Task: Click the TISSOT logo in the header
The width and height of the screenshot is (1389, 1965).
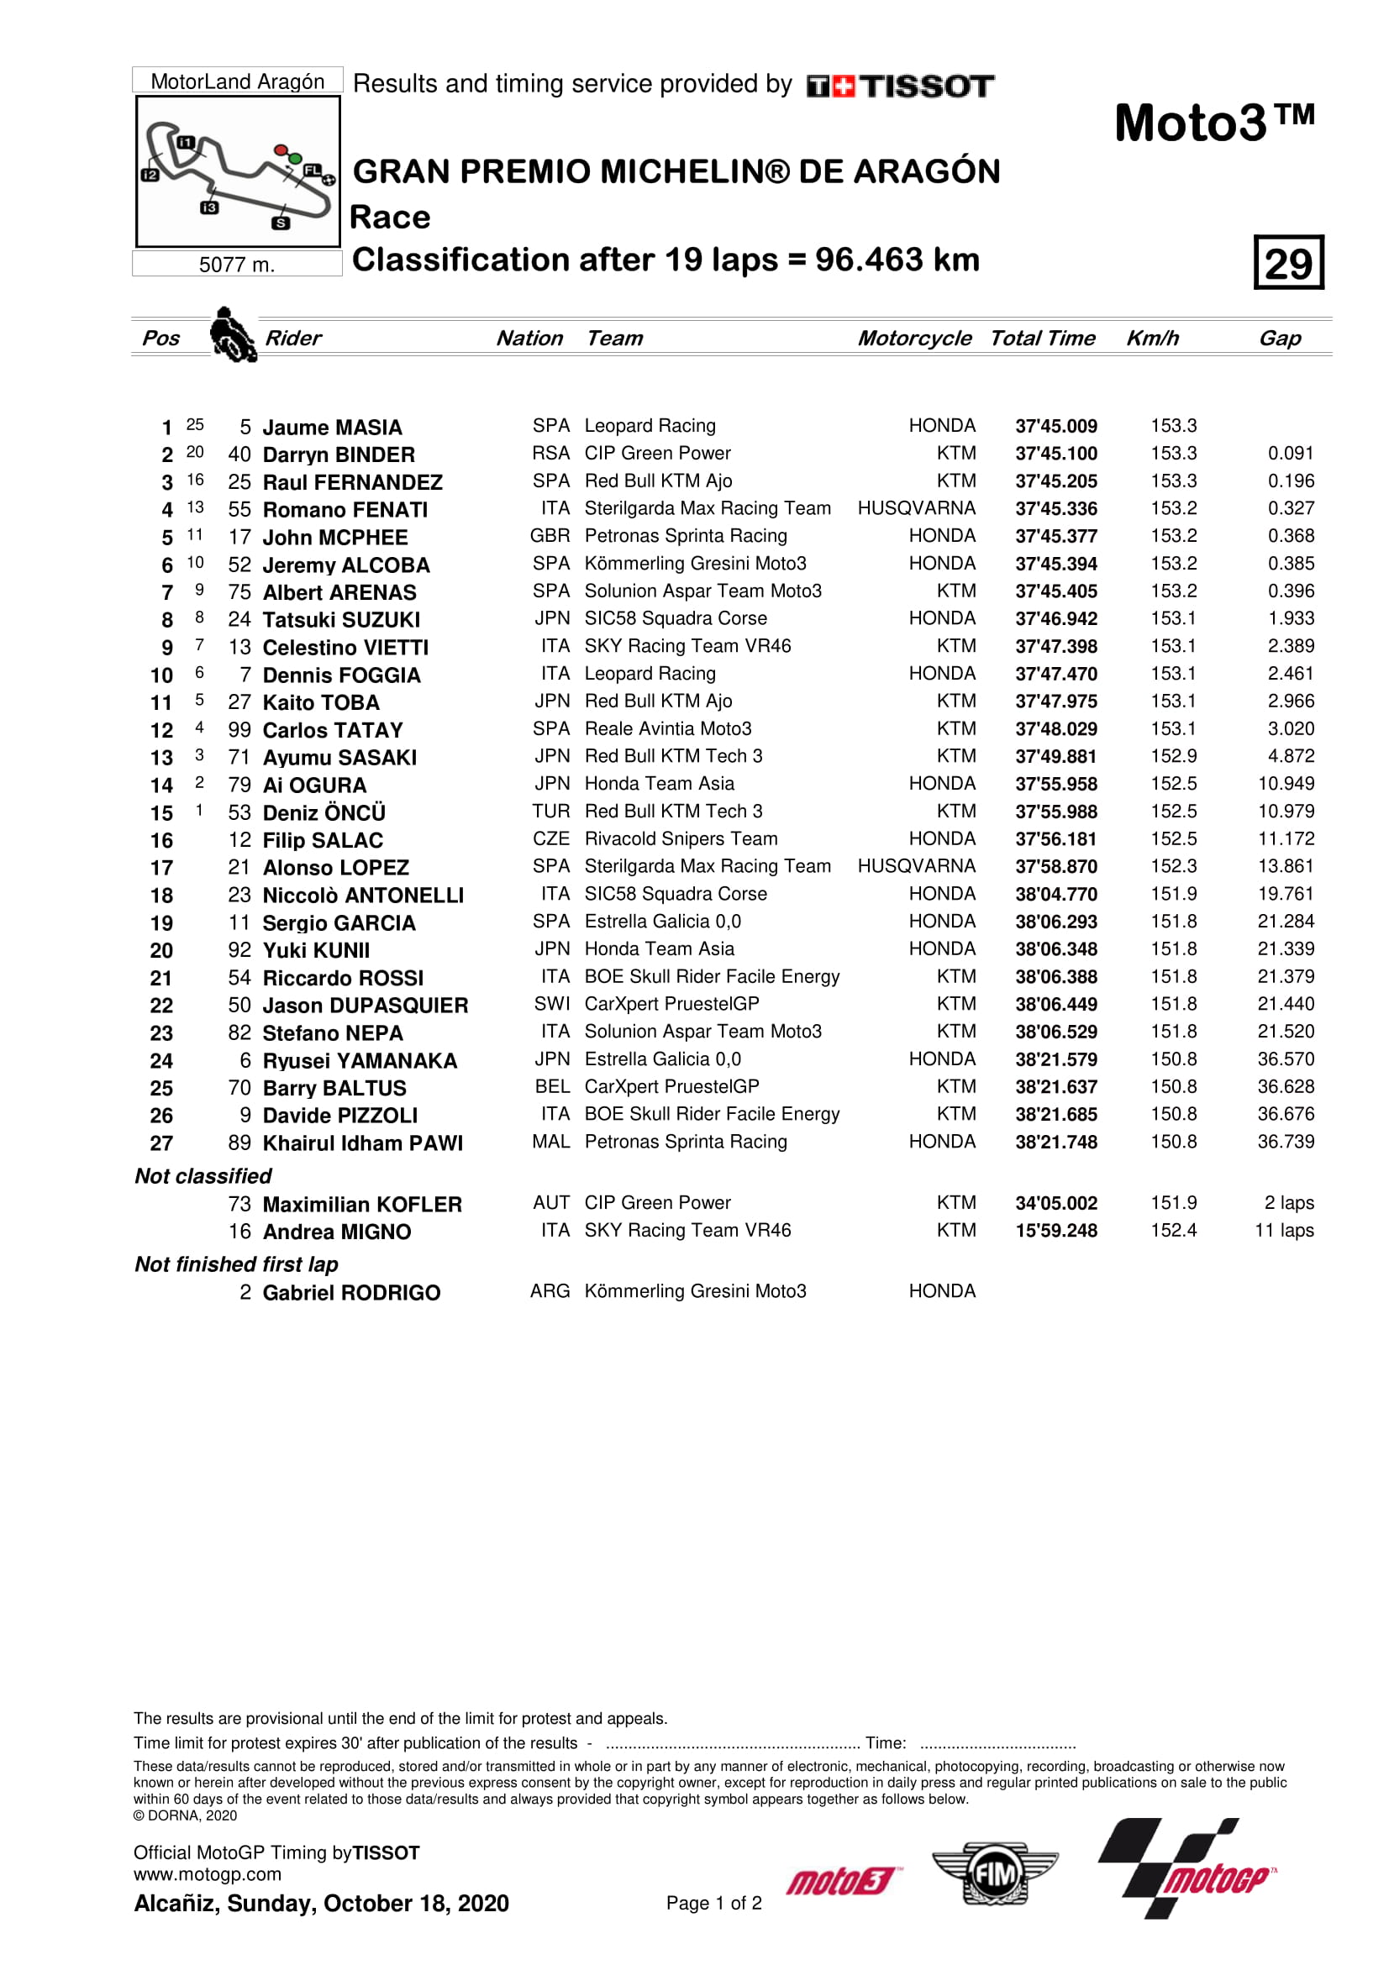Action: click(899, 86)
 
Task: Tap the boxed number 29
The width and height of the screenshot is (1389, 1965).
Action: click(1288, 263)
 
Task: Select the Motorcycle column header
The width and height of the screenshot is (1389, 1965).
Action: click(914, 338)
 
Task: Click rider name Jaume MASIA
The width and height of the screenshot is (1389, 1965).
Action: click(332, 427)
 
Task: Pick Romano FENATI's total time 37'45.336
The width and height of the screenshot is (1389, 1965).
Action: click(1055, 509)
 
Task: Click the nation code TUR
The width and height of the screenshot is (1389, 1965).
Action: click(550, 812)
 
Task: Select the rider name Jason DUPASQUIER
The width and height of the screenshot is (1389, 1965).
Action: click(366, 1006)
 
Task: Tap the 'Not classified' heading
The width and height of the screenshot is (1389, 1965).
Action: click(203, 1176)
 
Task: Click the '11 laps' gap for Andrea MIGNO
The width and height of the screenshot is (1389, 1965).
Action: click(1284, 1231)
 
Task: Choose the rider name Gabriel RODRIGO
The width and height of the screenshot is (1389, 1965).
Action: click(351, 1292)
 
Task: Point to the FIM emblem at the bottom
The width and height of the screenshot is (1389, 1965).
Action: click(994, 1874)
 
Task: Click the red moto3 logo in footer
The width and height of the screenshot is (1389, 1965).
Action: click(842, 1881)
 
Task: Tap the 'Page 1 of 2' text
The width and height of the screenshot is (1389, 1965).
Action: click(713, 1903)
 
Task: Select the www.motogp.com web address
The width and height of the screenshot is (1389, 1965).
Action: click(207, 1874)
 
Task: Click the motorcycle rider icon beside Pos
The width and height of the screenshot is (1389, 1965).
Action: click(233, 335)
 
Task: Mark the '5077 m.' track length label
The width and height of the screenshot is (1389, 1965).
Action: click(237, 265)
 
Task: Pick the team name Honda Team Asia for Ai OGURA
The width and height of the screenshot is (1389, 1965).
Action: click(659, 784)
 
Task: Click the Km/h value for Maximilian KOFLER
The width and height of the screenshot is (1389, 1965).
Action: click(1172, 1203)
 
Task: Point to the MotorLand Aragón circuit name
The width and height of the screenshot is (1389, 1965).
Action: click(237, 81)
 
